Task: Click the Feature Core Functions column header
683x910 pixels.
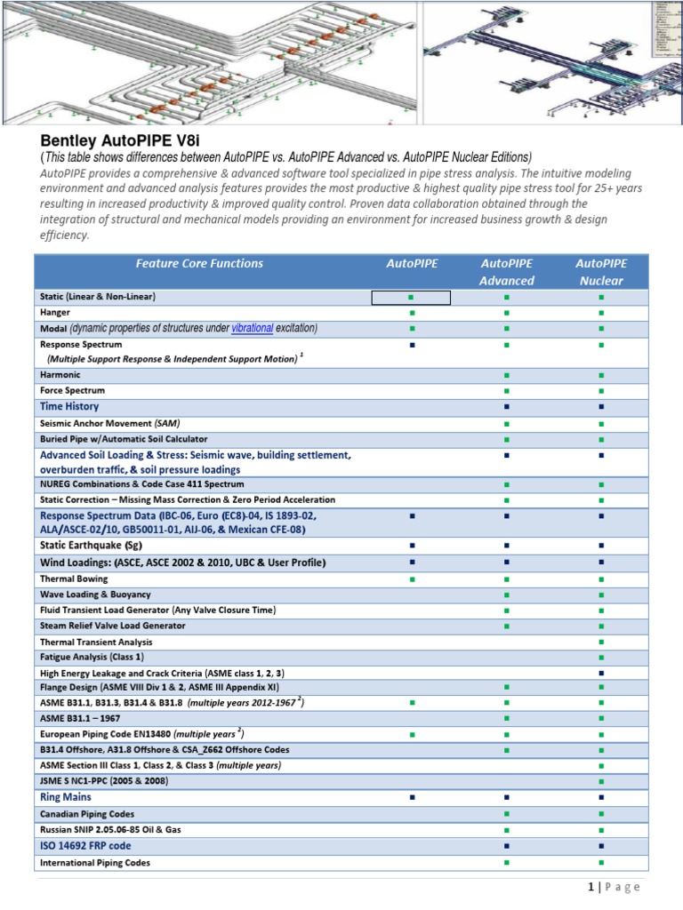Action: pyautogui.click(x=199, y=263)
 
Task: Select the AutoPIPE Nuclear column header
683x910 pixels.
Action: pyautogui.click(x=601, y=272)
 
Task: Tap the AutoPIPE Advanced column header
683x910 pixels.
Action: pyautogui.click(x=506, y=272)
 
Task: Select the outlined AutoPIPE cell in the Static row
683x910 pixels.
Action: pyautogui.click(x=411, y=297)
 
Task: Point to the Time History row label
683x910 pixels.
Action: pyautogui.click(x=69, y=406)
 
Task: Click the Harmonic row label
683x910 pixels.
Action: pyautogui.click(x=60, y=375)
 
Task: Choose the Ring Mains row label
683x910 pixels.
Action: pyautogui.click(x=66, y=797)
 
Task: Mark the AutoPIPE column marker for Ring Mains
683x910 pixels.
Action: pyautogui.click(x=412, y=798)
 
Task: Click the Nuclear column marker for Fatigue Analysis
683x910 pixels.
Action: pyautogui.click(x=601, y=657)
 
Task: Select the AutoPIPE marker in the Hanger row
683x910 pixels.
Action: pyautogui.click(x=411, y=313)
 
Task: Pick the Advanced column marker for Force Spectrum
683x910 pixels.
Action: pyautogui.click(x=506, y=391)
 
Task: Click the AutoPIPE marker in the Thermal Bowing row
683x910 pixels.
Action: pyautogui.click(x=411, y=579)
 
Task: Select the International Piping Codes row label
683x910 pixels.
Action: pyautogui.click(x=95, y=862)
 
